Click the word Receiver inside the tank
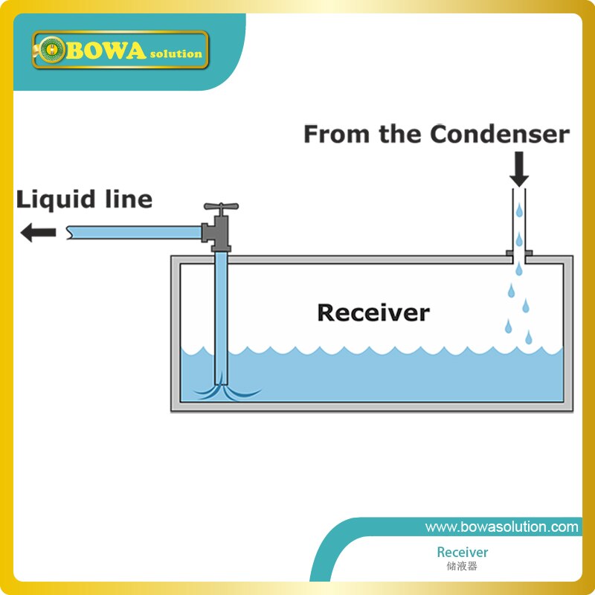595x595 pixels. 373,312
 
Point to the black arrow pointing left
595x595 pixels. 38,233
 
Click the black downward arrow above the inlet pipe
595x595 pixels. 519,170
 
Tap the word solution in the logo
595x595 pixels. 176,54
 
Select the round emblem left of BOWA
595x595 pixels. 51,51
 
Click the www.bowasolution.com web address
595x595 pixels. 501,527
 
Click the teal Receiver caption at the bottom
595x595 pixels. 462,552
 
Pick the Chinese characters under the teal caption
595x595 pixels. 462,566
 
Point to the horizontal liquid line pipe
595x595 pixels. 134,233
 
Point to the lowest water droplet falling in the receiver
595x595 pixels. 528,338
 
